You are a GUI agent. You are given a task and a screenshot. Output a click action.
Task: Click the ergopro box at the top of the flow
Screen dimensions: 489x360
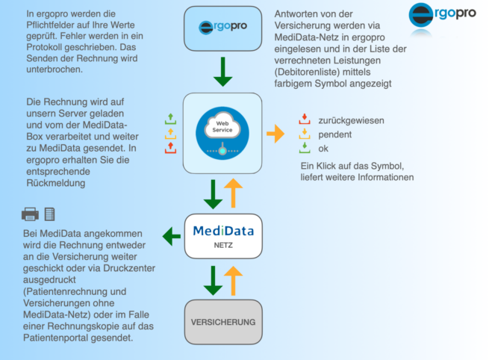pos(222,28)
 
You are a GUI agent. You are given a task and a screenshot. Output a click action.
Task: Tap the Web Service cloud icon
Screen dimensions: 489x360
pos(222,133)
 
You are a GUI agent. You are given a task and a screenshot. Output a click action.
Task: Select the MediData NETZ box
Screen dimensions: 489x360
pos(223,236)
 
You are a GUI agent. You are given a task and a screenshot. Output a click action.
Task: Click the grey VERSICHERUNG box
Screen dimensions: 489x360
pos(223,322)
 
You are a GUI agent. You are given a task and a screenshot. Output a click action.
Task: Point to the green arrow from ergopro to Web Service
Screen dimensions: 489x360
pos(222,72)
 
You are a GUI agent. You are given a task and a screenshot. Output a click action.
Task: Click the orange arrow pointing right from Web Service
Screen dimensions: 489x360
pos(275,134)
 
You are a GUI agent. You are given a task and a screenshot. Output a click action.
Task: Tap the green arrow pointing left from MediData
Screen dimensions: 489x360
pos(172,236)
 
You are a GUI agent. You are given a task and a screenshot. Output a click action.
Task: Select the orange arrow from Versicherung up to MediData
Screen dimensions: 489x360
pos(233,281)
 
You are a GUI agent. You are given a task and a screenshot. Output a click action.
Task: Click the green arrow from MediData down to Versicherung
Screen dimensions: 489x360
pos(213,281)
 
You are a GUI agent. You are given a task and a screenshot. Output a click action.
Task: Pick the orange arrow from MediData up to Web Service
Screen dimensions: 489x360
pos(233,193)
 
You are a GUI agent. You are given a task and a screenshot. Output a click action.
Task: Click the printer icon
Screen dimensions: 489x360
pos(30,214)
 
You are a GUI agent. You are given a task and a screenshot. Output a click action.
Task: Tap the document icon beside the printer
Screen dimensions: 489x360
pos(49,214)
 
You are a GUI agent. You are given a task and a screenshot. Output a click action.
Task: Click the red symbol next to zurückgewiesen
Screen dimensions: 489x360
pos(305,120)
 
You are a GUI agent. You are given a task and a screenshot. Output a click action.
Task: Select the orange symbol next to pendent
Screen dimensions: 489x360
pos(305,134)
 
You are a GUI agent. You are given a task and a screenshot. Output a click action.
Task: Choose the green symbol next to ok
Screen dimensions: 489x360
pos(305,148)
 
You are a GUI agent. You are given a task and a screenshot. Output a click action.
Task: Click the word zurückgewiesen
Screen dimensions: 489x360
pos(351,120)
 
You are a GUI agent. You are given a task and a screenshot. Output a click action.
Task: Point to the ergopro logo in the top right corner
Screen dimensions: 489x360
pos(442,15)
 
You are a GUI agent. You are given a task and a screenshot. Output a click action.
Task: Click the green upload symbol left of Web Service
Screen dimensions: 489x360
pos(170,119)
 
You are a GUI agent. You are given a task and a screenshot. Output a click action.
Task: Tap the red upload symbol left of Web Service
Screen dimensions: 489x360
pos(170,148)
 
